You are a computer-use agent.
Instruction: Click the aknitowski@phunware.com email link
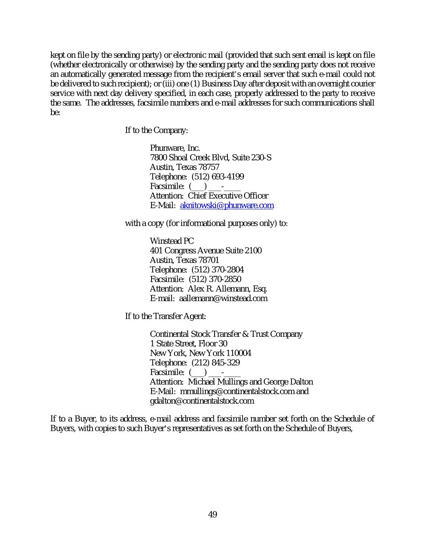click(227, 206)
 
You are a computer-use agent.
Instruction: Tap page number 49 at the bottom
click(213, 515)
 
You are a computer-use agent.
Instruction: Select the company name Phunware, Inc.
click(175, 148)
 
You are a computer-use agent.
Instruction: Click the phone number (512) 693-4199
click(217, 177)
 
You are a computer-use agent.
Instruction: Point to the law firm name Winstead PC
click(172, 241)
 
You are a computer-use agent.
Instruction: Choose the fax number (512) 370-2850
click(215, 279)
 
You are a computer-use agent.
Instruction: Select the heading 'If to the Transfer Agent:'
click(166, 316)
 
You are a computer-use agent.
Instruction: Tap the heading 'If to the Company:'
click(157, 130)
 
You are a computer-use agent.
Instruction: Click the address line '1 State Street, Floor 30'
click(188, 344)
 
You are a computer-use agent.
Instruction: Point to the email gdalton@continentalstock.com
click(202, 401)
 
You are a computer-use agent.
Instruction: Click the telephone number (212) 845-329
click(215, 363)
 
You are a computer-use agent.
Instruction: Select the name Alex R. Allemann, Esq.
click(227, 289)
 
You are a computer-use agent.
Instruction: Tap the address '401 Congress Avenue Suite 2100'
click(206, 251)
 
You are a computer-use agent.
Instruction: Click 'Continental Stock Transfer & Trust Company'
click(226, 334)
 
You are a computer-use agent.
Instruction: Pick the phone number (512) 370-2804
click(217, 270)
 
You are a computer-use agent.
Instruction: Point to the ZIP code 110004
click(239, 353)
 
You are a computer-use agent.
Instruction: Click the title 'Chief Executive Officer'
click(228, 196)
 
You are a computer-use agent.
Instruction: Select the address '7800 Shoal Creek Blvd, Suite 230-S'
click(211, 158)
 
